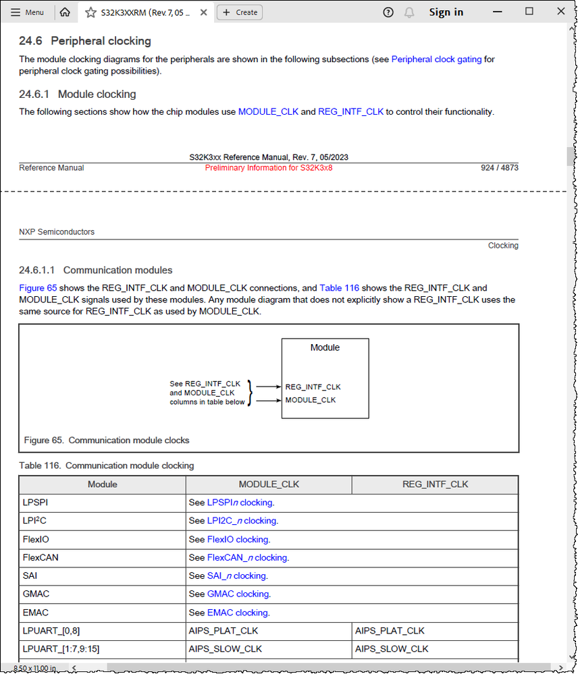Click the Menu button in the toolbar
(x=28, y=12)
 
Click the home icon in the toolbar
(x=65, y=12)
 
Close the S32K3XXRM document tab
(x=203, y=12)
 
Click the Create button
(x=240, y=12)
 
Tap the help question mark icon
(x=388, y=12)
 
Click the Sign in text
(x=446, y=12)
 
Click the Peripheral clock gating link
(x=436, y=59)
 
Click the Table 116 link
(x=339, y=287)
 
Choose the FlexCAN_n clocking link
(x=246, y=557)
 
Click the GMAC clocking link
(x=238, y=594)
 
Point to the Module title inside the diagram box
(x=325, y=347)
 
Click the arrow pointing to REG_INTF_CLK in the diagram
(x=269, y=387)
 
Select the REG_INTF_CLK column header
(x=435, y=484)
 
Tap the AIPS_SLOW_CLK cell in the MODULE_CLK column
(x=225, y=649)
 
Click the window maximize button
(x=529, y=11)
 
